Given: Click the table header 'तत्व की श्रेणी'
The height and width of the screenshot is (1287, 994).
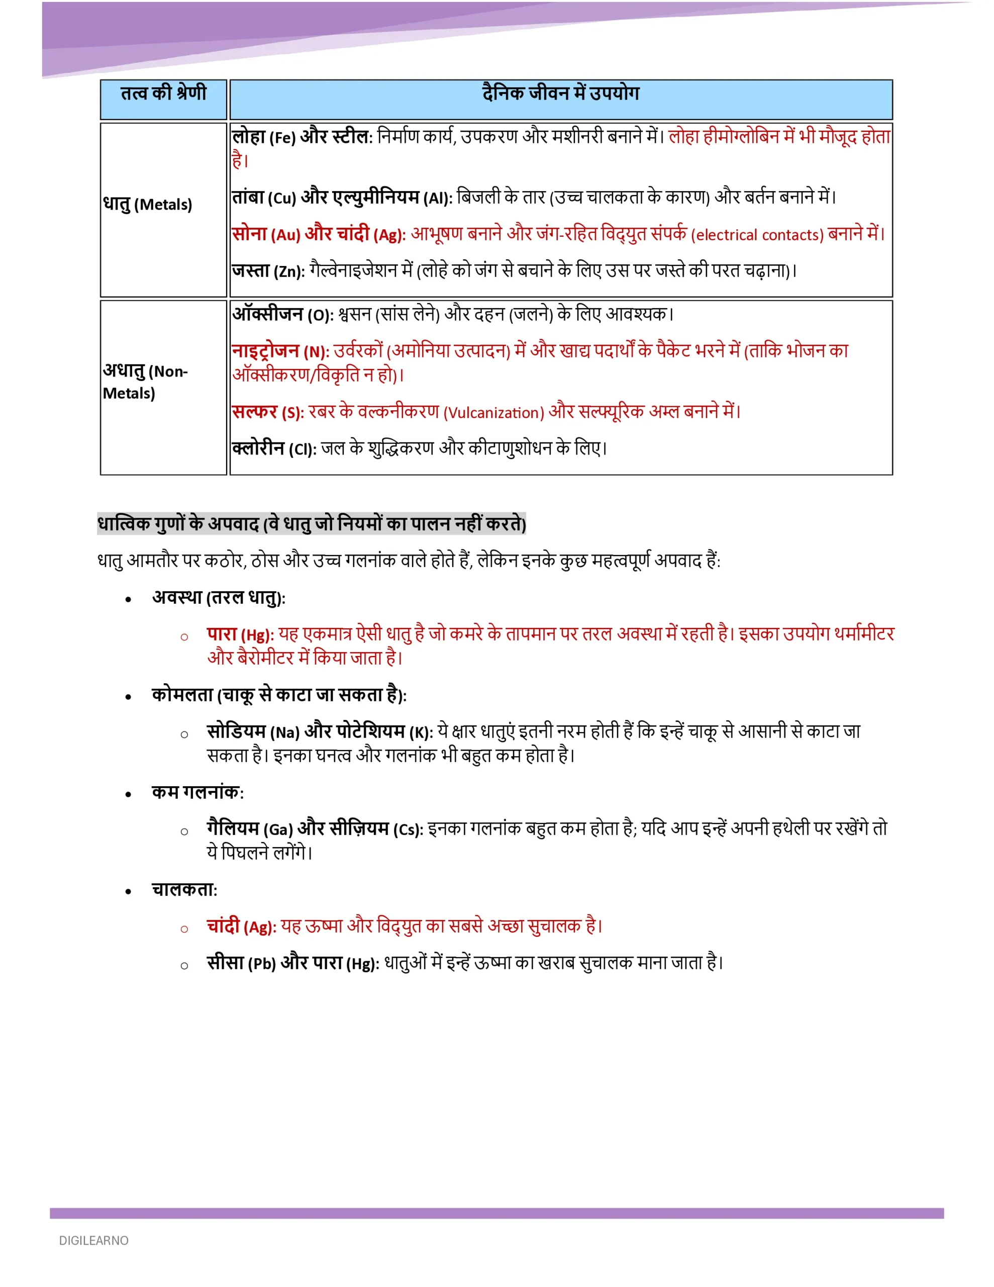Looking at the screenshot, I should point(163,93).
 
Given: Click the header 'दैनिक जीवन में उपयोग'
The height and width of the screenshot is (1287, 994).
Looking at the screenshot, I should point(560,93).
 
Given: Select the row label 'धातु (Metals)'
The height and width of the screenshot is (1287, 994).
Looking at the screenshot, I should point(148,204).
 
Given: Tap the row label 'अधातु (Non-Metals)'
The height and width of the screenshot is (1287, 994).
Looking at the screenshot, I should point(145,382).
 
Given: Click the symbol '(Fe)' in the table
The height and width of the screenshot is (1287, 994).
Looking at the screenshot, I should point(282,138).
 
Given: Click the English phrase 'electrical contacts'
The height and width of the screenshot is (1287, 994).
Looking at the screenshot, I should point(757,235).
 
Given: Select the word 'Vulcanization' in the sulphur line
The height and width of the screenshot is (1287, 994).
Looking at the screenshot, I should point(494,413).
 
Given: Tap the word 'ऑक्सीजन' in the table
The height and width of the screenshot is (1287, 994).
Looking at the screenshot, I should point(267,314).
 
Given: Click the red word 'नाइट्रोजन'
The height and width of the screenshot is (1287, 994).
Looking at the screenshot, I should point(266,351).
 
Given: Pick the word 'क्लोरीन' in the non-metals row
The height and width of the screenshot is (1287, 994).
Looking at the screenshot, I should point(258,448).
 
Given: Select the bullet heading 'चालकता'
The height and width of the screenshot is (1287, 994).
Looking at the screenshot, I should point(184,890).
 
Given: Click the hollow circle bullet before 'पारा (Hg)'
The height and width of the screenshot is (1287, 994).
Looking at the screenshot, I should point(184,636).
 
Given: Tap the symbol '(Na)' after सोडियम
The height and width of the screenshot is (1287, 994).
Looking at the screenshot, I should point(285,732).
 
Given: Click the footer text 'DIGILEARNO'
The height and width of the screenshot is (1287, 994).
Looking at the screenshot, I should point(93,1240).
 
